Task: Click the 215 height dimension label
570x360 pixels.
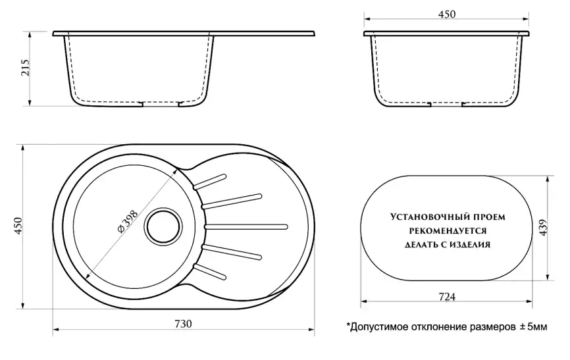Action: click(26, 68)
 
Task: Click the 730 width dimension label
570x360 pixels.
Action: click(183, 323)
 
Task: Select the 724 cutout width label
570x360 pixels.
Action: click(447, 297)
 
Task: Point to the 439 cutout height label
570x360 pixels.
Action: click(543, 227)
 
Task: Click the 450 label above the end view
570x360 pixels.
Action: click(447, 14)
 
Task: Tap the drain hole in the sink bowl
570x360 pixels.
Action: click(163, 226)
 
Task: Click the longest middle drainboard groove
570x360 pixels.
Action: click(246, 227)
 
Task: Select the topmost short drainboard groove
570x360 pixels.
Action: click(211, 182)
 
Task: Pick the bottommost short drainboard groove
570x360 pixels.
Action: click(211, 272)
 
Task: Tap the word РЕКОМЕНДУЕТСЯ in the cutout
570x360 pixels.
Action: click(448, 231)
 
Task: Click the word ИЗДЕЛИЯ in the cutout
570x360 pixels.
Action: click(470, 244)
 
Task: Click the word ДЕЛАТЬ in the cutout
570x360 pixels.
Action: click(421, 244)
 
